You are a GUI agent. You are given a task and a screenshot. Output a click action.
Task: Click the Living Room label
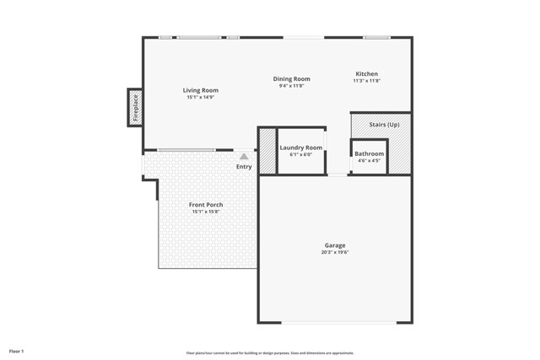point(201,90)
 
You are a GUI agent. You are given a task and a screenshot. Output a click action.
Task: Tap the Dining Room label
point(291,79)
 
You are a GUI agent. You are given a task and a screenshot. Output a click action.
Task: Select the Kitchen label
point(366,74)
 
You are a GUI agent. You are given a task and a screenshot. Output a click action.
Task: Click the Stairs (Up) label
point(384,125)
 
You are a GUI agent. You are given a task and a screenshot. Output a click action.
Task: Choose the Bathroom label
point(369,154)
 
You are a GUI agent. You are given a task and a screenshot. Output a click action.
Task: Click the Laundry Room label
point(301,148)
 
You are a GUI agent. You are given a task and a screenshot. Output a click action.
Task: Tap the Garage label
point(335,245)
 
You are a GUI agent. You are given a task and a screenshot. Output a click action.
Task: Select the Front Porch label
point(206,205)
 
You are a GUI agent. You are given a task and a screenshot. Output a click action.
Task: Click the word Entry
point(244,167)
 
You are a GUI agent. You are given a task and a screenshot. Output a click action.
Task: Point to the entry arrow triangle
point(244,156)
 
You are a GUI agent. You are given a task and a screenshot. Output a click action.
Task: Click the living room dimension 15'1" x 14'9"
point(201,97)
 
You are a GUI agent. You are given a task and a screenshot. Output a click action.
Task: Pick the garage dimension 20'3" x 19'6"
point(335,252)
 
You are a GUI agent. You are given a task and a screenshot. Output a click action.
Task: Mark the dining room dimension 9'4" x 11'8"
point(291,86)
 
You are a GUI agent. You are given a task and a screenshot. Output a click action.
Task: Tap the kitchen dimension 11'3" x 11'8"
point(366,81)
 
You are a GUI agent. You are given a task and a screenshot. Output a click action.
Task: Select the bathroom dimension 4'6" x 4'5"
point(369,160)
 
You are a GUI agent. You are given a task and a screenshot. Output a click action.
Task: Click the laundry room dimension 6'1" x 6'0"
point(301,154)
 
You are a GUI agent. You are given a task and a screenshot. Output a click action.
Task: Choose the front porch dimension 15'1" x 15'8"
point(206,212)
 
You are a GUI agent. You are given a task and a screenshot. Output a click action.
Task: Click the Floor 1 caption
point(17,350)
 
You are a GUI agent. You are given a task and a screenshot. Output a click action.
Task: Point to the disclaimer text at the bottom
point(270,353)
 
